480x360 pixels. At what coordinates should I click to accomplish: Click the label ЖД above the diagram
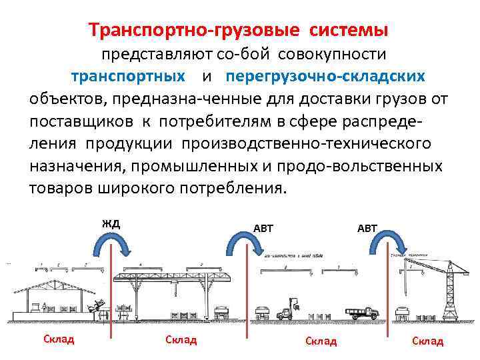coord(111,223)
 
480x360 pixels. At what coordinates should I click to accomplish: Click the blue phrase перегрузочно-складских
coord(325,76)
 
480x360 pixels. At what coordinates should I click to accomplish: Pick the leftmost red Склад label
coord(58,339)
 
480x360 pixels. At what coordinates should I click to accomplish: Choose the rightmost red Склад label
coord(427,341)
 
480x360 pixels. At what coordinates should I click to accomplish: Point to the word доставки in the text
coord(315,99)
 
